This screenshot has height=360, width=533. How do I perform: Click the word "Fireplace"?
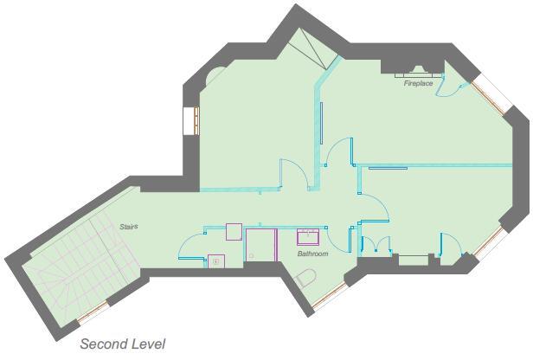click(x=418, y=84)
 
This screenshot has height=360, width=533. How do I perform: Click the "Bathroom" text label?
click(x=312, y=254)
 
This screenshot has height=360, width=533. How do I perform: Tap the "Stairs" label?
click(x=130, y=227)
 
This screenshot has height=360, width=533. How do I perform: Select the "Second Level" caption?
click(x=122, y=344)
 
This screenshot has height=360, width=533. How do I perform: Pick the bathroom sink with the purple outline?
click(x=309, y=236)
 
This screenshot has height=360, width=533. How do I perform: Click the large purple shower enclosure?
click(x=260, y=244)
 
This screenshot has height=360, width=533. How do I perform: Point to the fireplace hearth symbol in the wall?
click(x=414, y=69)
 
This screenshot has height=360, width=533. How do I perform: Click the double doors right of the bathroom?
click(x=376, y=245)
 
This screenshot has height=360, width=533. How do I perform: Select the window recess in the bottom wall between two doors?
click(x=414, y=258)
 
